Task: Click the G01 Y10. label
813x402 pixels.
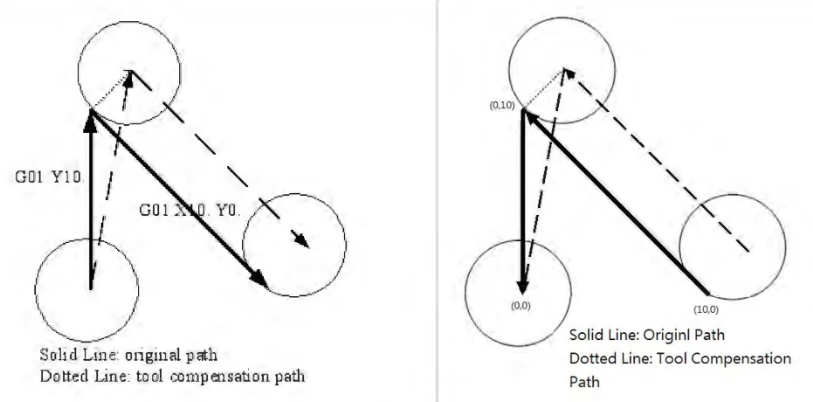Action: click(49, 177)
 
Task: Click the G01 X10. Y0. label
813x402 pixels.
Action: click(190, 211)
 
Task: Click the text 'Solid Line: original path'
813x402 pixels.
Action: click(128, 356)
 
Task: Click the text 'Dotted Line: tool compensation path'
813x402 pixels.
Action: click(173, 376)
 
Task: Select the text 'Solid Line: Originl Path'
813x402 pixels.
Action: click(646, 335)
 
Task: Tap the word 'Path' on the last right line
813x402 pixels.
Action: click(584, 382)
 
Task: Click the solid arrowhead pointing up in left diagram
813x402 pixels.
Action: click(91, 121)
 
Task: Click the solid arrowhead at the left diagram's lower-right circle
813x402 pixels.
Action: click(258, 279)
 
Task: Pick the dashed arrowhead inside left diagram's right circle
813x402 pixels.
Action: click(301, 239)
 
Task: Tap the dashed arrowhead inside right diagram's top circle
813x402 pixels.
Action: click(568, 73)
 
